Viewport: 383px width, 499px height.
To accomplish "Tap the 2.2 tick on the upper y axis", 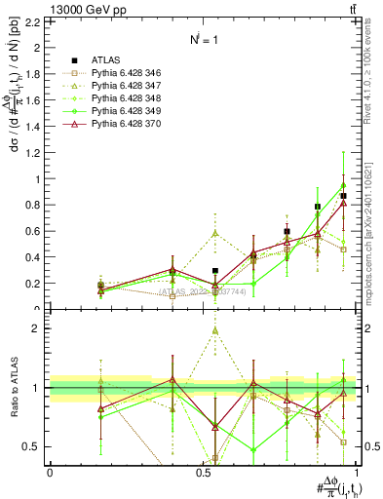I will (36, 21).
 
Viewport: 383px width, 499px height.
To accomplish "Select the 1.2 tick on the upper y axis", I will (36, 152).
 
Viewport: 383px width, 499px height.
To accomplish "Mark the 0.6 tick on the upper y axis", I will (36, 231).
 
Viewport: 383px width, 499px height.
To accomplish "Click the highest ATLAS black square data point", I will (343, 196).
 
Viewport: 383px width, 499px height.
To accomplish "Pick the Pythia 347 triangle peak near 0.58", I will (215, 234).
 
